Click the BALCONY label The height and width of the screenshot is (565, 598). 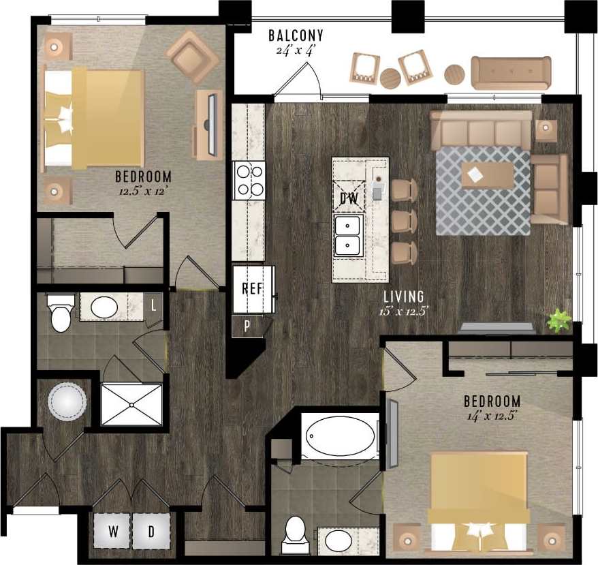click(x=296, y=35)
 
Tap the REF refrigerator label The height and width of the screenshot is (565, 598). click(x=252, y=288)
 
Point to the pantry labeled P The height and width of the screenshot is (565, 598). click(x=247, y=326)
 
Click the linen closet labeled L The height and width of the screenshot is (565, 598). click(x=154, y=306)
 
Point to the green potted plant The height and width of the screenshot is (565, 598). click(x=559, y=320)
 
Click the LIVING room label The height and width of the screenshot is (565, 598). click(x=403, y=296)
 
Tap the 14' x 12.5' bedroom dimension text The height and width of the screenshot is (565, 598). click(x=492, y=416)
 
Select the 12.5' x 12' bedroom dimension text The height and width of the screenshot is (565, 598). click(x=143, y=192)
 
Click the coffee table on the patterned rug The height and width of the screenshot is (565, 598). click(x=487, y=175)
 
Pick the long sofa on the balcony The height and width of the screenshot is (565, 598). click(x=511, y=73)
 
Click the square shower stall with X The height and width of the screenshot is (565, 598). click(x=132, y=405)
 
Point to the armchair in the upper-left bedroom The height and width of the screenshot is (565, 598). click(x=193, y=56)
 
